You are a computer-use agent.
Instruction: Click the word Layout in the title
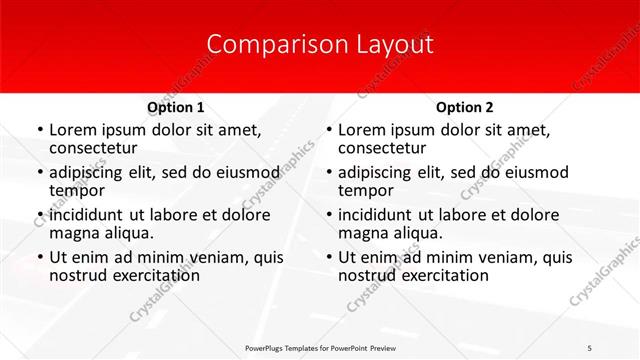coord(394,44)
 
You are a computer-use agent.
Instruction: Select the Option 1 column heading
coord(175,107)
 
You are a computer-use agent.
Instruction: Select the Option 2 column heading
coord(464,107)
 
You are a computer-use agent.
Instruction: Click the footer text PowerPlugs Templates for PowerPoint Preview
coord(320,346)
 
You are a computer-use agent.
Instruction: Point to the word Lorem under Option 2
coord(362,129)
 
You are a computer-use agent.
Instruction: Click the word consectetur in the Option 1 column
coord(99,149)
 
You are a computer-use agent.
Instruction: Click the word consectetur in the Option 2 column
coord(387,149)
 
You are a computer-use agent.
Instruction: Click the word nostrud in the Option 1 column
coord(77,275)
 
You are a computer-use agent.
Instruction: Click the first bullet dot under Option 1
coord(39,130)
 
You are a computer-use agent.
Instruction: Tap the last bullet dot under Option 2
coord(328,257)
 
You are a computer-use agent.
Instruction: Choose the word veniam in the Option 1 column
coord(207,256)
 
